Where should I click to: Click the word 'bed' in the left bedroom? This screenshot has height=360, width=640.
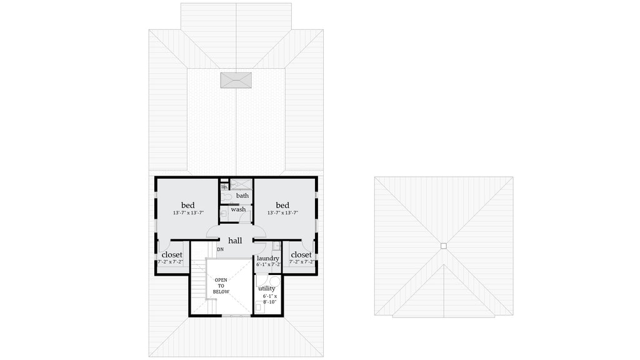point(188,205)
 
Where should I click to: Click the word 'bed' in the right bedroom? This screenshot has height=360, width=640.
point(282,205)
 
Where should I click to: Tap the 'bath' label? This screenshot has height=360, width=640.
point(242,196)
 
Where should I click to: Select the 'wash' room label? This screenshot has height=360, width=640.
point(238,209)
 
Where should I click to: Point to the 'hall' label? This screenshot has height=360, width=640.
point(235,241)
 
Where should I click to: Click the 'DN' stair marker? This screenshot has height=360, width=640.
point(220,250)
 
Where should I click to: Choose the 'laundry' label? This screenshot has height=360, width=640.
point(267,258)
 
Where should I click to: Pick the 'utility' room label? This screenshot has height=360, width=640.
point(267,289)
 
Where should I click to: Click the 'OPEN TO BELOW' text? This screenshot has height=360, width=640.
point(222,286)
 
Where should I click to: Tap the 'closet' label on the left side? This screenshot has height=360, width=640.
point(172,255)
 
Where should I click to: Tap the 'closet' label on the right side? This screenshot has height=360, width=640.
point(301,255)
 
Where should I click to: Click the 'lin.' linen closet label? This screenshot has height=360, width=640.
point(224,186)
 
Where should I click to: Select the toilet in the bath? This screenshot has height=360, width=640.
point(226,197)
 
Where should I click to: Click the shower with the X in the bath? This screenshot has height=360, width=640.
point(241,184)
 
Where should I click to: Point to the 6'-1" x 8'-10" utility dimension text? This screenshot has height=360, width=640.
point(269,299)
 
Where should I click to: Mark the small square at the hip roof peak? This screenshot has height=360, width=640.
point(443,246)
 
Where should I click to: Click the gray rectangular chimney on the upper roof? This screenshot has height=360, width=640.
point(236,80)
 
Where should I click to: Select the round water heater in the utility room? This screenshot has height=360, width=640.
point(262,281)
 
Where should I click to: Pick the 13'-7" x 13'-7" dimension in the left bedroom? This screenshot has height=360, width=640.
point(188,213)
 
